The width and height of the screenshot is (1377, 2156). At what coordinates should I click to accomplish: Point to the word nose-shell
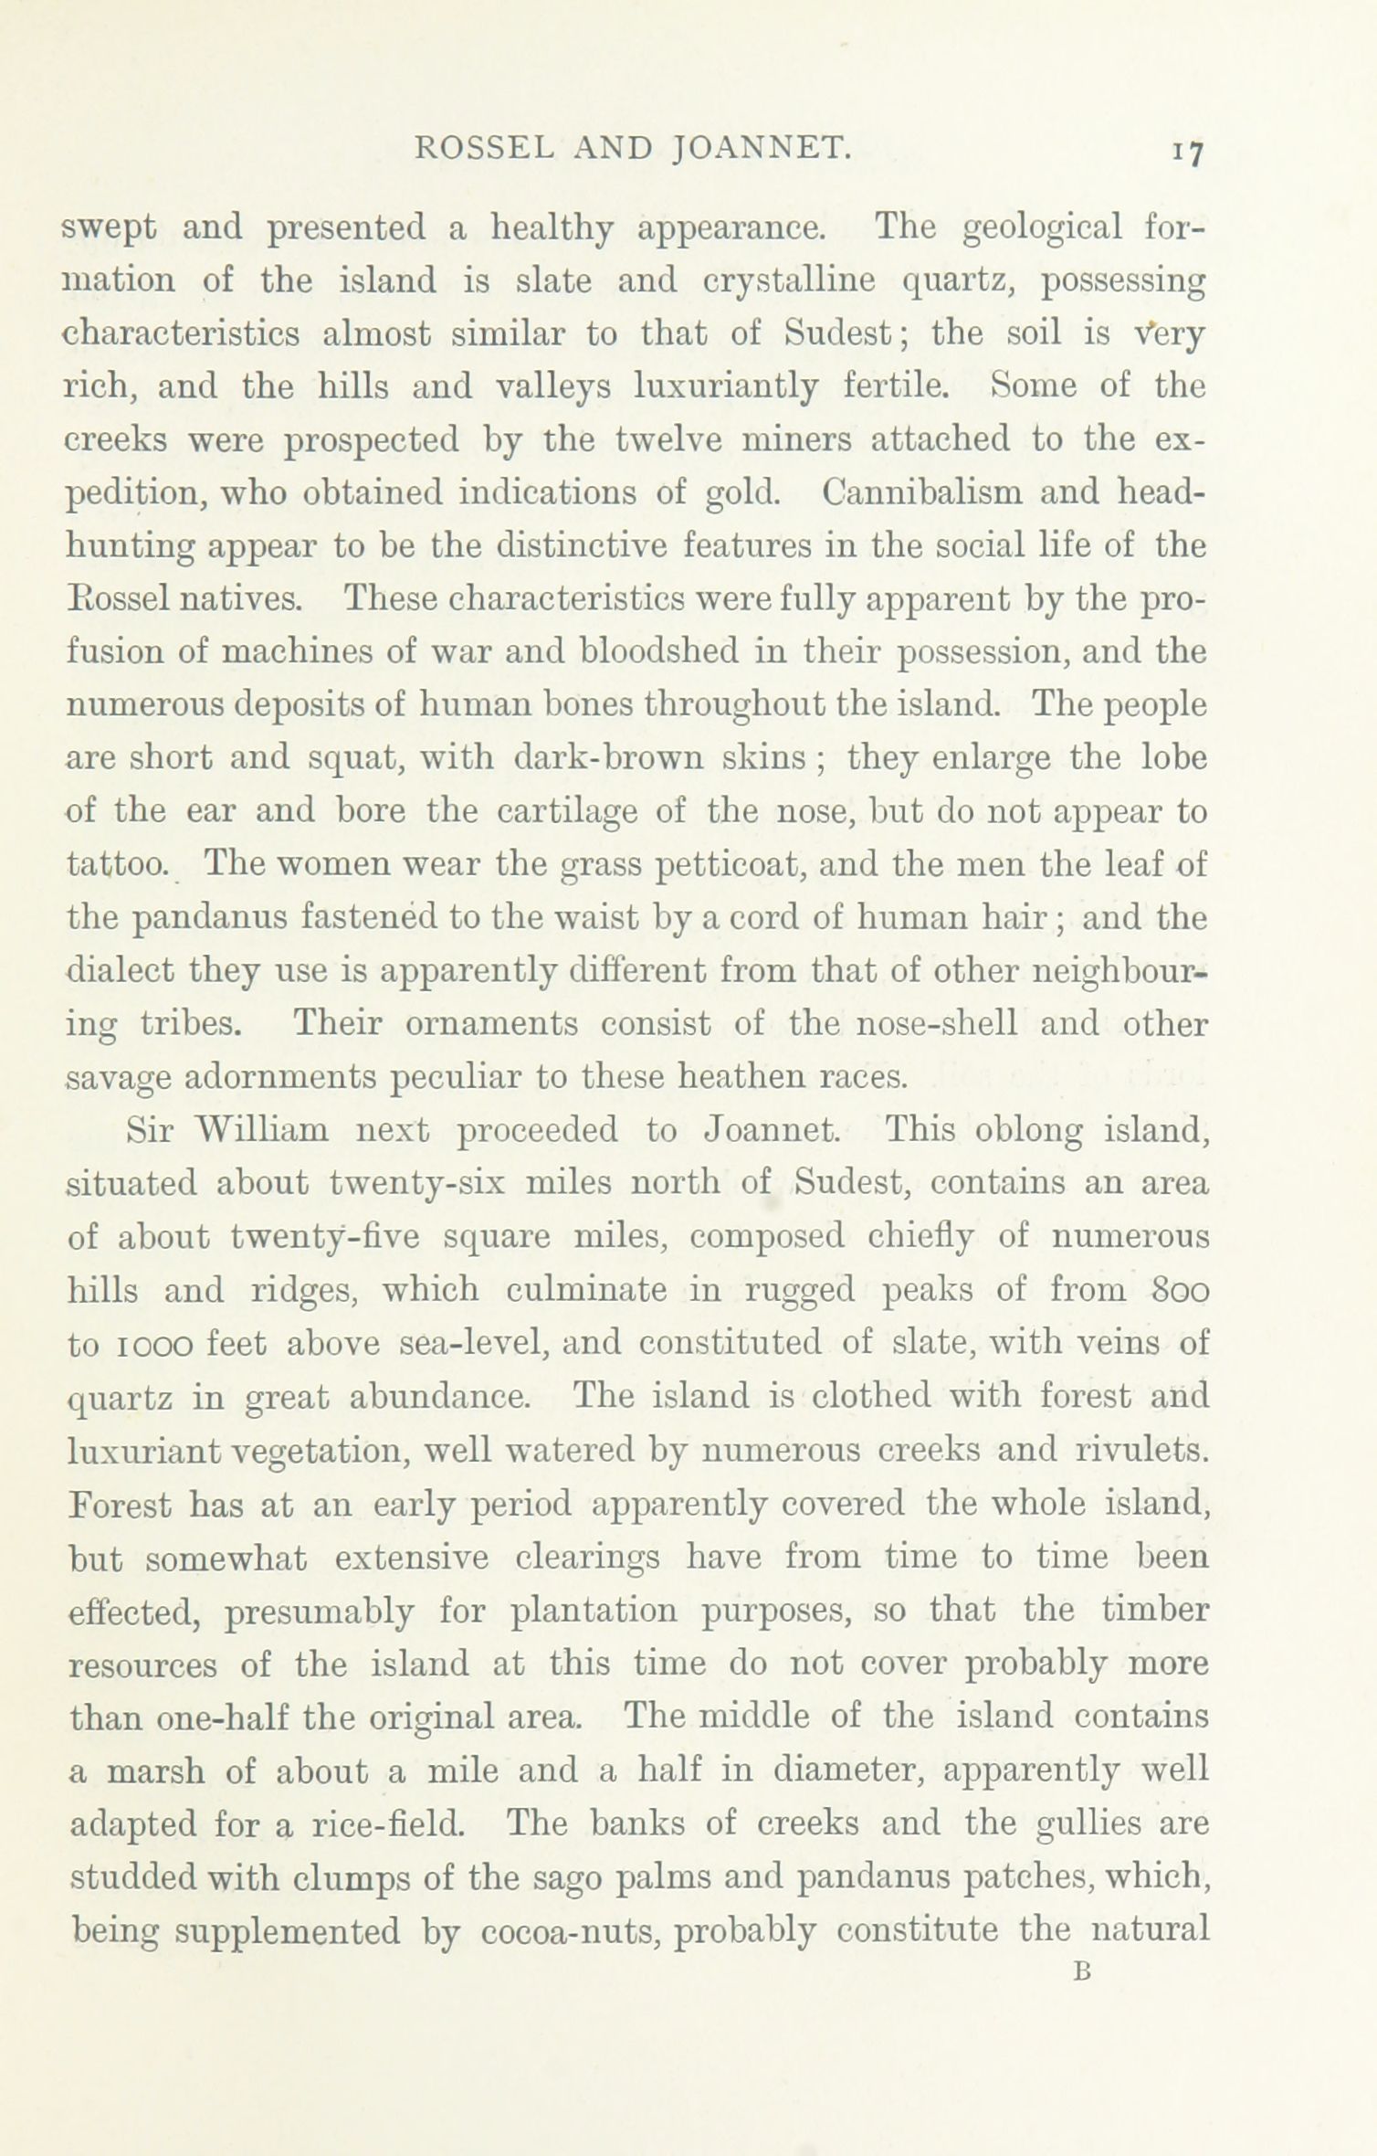[x=937, y=1024]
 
